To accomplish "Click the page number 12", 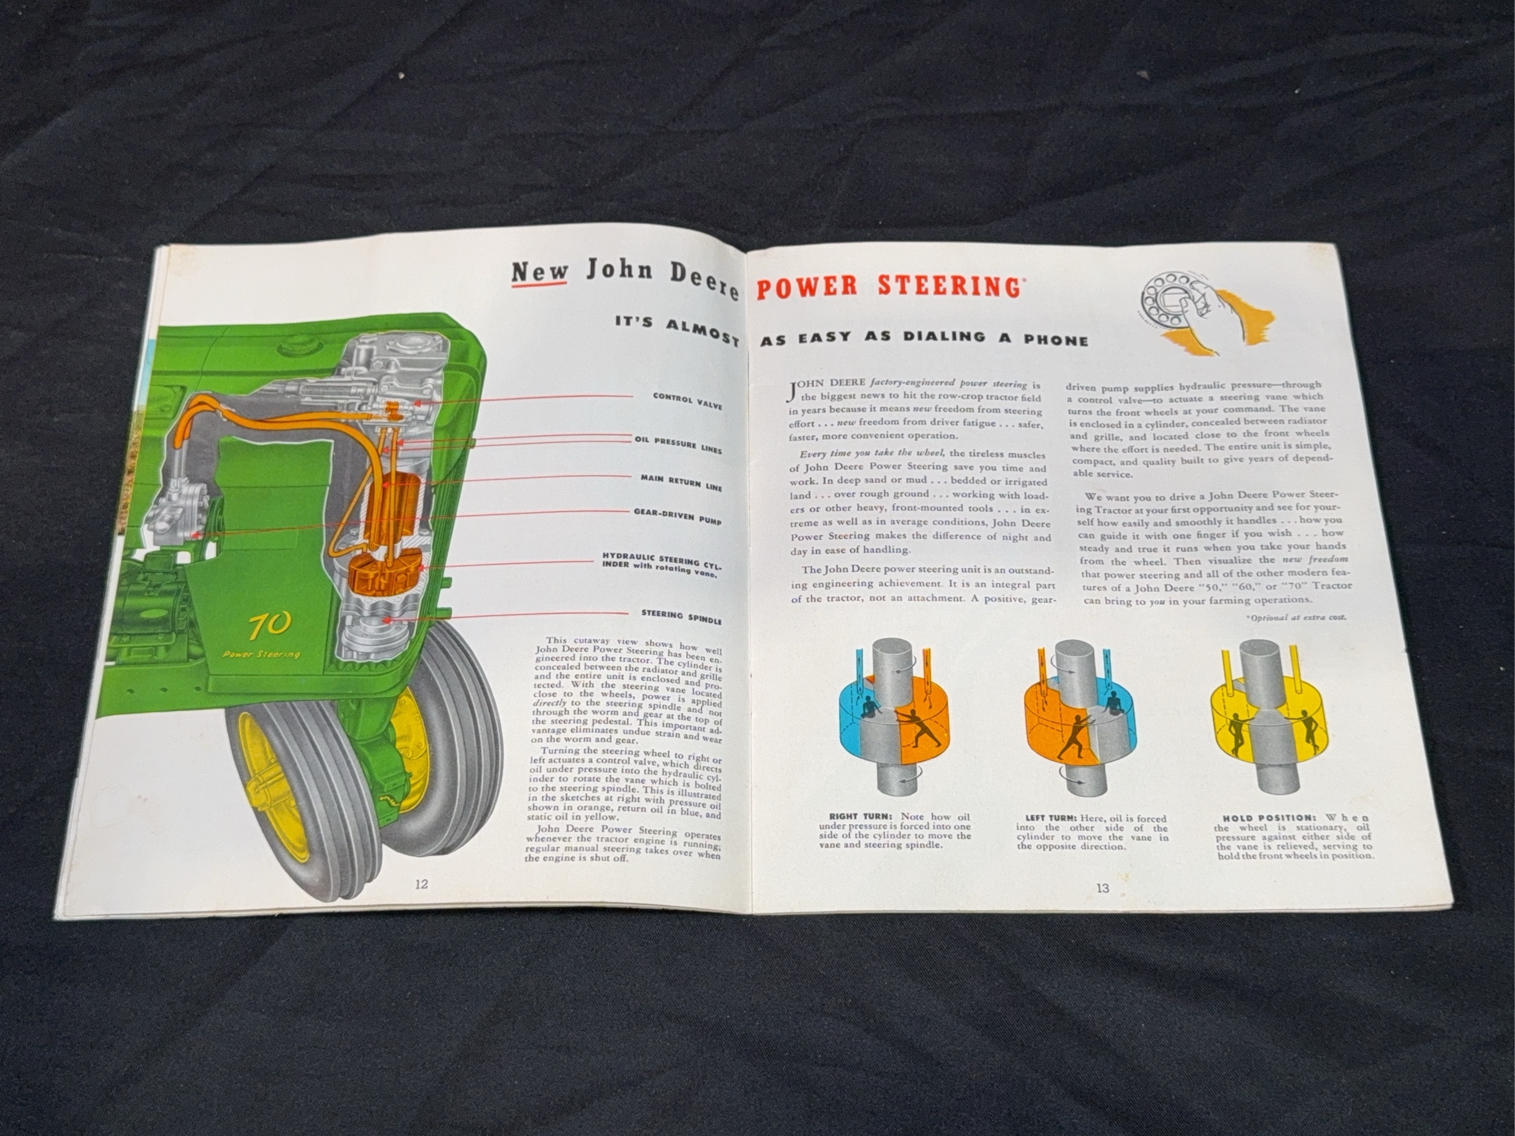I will click(x=421, y=884).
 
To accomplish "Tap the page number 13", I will click(x=1102, y=888).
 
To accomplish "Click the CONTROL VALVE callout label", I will click(x=687, y=400).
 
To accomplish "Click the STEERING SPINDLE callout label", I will click(x=681, y=617).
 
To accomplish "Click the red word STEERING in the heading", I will click(x=949, y=286).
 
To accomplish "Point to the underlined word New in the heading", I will click(x=540, y=272).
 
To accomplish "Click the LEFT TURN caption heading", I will click(x=1051, y=818).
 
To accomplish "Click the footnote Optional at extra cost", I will click(x=1296, y=617).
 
